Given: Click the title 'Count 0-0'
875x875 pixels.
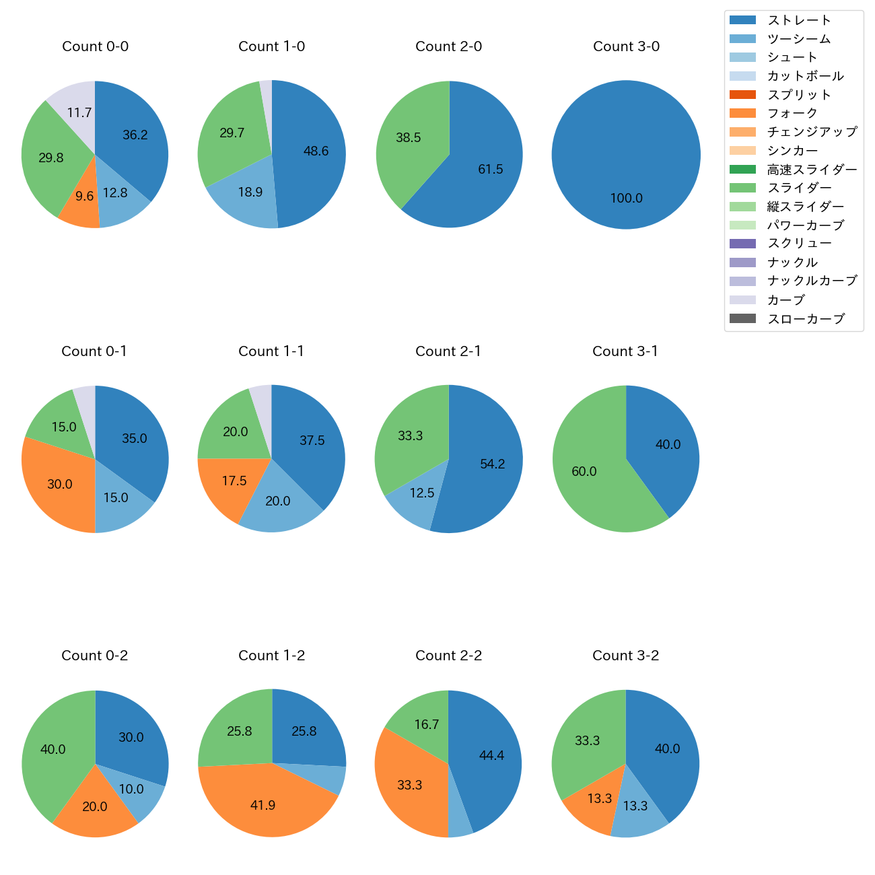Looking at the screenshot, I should [x=95, y=46].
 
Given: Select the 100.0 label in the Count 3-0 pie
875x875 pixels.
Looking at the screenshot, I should [x=626, y=199].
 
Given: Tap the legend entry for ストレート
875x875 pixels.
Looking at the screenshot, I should [x=799, y=20].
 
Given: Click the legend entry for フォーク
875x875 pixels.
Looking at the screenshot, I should [x=792, y=113].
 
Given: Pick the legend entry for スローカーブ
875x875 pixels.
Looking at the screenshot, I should [x=806, y=319].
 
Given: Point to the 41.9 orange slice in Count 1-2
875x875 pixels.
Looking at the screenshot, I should [x=263, y=805].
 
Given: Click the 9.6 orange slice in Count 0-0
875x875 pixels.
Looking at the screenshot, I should [x=82, y=202].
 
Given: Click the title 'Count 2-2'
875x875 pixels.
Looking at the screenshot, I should [x=448, y=656].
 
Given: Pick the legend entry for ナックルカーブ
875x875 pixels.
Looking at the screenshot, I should [x=812, y=281].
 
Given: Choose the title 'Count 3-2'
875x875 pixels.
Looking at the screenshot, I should [x=625, y=656].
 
